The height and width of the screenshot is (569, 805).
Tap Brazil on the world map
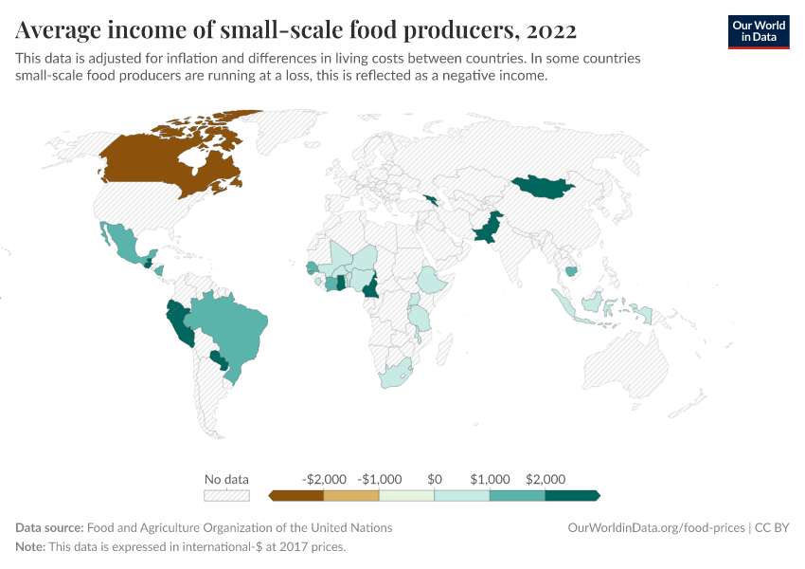[232, 322]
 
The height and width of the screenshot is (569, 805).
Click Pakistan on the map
[484, 231]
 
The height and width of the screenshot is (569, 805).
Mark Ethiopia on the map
[434, 280]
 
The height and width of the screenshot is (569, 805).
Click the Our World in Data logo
[759, 30]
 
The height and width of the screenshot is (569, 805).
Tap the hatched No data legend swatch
[226, 495]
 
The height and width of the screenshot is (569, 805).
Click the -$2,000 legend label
[323, 479]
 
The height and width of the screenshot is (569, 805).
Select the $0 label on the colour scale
[435, 479]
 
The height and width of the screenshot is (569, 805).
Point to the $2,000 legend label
[545, 479]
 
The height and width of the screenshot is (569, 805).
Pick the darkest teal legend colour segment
[572, 495]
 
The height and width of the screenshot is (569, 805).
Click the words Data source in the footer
[49, 527]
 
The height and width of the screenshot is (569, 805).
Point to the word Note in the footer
[30, 547]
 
